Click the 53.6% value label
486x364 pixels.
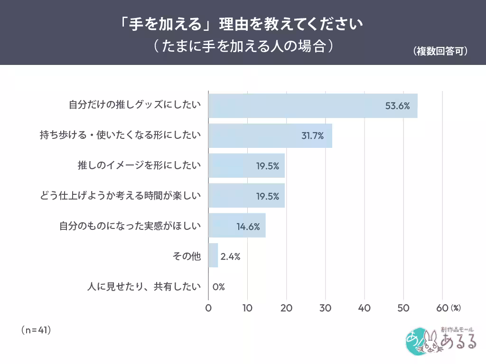tap(397, 106)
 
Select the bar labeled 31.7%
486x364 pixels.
tap(270, 136)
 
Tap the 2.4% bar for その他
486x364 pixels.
tap(213, 256)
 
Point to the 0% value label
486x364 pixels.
tap(218, 287)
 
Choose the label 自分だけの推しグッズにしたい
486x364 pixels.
tap(135, 106)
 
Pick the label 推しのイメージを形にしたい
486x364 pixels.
tap(139, 166)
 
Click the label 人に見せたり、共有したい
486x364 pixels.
tap(144, 287)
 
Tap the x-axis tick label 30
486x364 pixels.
tap(325, 308)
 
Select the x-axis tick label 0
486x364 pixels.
tap(208, 308)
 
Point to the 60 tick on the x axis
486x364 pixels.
tap(441, 308)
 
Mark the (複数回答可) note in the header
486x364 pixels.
tap(440, 51)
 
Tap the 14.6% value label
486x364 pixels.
tap(248, 227)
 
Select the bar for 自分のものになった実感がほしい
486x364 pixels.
tap(236, 226)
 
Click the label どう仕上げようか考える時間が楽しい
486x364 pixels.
tap(121, 196)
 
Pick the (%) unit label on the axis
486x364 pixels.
tap(456, 308)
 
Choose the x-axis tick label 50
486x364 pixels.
tap(403, 308)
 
